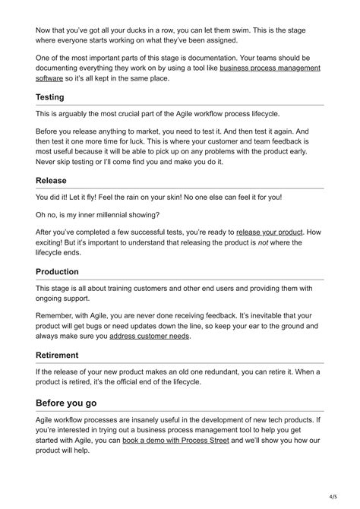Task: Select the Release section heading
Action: pyautogui.click(x=52, y=181)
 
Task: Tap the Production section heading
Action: pyautogui.click(x=57, y=271)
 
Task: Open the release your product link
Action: pyautogui.click(x=270, y=231)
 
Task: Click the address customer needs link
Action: pyautogui.click(x=149, y=336)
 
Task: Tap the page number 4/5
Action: pyautogui.click(x=332, y=498)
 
